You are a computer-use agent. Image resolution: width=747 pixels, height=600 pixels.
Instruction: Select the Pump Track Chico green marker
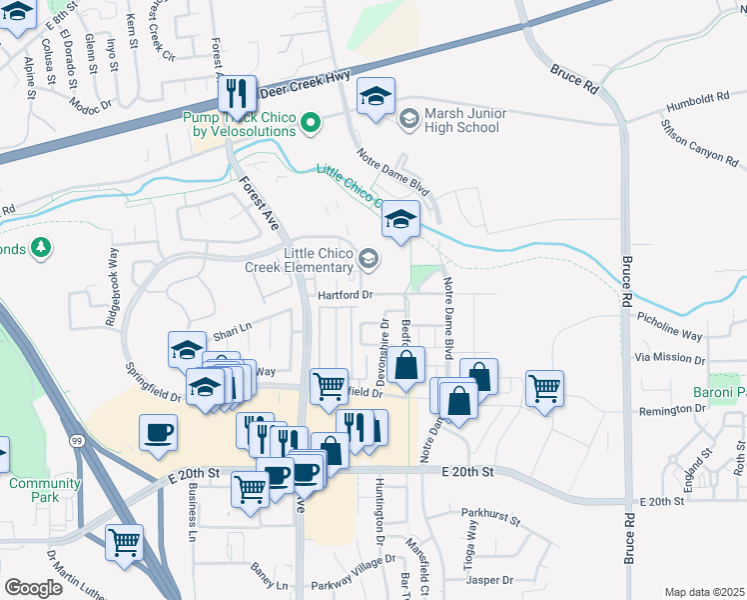pos(311,124)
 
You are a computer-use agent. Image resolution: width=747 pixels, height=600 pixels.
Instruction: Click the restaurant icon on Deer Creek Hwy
pos(238,94)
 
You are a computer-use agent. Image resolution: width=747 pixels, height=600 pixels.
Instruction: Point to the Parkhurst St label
pos(490,519)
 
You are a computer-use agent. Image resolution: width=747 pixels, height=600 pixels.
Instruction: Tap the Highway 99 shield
pos(77,440)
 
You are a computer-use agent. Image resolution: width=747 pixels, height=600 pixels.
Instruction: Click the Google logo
pos(33,588)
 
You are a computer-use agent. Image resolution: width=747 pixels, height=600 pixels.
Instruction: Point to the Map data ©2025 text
pos(704,592)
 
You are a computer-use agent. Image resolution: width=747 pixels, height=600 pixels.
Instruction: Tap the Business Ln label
pos(189,517)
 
